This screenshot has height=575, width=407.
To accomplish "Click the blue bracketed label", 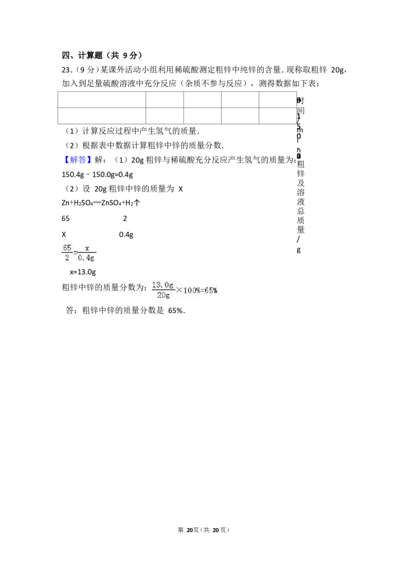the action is tap(79, 161).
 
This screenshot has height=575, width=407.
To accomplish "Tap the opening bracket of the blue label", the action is tap(68, 161).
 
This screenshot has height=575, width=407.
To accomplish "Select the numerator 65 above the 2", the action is tap(67, 248).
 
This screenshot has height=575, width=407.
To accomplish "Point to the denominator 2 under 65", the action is tap(67, 258).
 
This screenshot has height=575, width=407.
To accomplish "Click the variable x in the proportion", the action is tap(87, 248).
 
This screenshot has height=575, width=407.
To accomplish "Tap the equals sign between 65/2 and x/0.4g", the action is tap(75, 253).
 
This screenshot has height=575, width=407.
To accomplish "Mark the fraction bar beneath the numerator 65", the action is tap(67, 253).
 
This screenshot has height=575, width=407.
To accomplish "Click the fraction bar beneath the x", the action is tap(87, 253).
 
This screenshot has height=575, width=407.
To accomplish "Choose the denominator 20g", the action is tap(163, 295).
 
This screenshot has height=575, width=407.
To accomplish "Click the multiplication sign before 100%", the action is tap(179, 290).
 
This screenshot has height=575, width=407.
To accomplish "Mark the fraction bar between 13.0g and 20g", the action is tap(163, 290).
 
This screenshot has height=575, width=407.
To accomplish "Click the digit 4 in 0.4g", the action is tap(89, 258).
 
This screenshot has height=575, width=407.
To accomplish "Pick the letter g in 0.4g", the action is tap(93, 259).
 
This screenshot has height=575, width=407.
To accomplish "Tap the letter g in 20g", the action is tap(168, 296).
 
